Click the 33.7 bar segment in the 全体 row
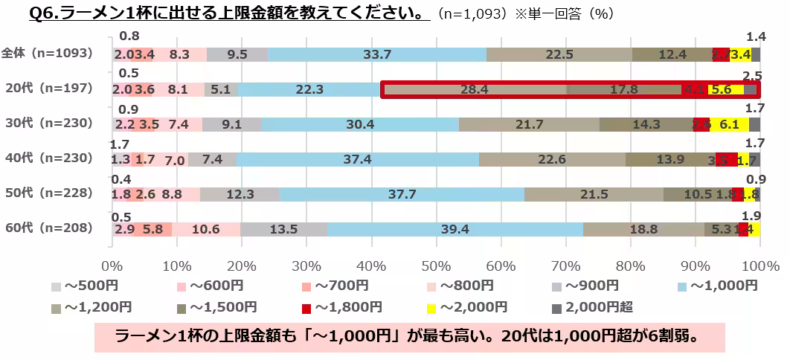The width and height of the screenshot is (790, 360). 377,54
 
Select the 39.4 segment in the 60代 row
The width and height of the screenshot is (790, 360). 455,228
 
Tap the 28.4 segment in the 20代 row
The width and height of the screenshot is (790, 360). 473,89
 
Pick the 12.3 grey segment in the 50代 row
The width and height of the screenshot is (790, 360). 240,194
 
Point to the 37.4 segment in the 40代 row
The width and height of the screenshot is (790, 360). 357,159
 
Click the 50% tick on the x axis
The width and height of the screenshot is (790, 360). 435,266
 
